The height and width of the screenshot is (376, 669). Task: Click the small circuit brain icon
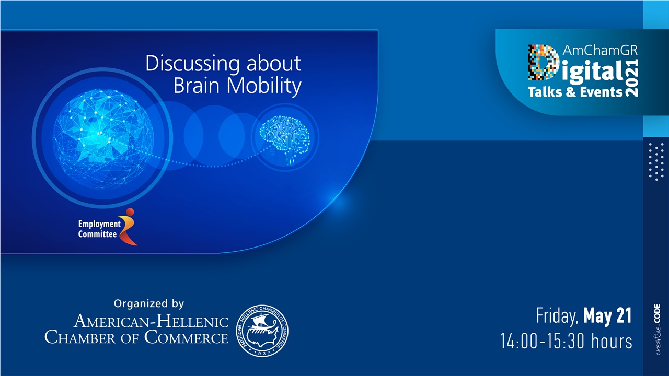pyautogui.click(x=285, y=138)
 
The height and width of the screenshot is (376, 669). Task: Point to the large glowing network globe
pyautogui.click(x=104, y=137)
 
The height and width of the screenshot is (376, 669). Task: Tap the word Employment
pyautogui.click(x=99, y=224)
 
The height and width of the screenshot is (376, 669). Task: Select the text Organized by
pyautogui.click(x=149, y=303)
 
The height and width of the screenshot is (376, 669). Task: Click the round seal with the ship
pyautogui.click(x=262, y=331)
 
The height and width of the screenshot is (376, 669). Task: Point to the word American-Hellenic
pyautogui.click(x=152, y=321)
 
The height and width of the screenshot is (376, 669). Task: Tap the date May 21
pyautogui.click(x=607, y=316)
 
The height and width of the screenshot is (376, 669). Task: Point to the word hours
pyautogui.click(x=612, y=342)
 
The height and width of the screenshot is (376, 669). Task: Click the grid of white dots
pyautogui.click(x=656, y=161)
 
